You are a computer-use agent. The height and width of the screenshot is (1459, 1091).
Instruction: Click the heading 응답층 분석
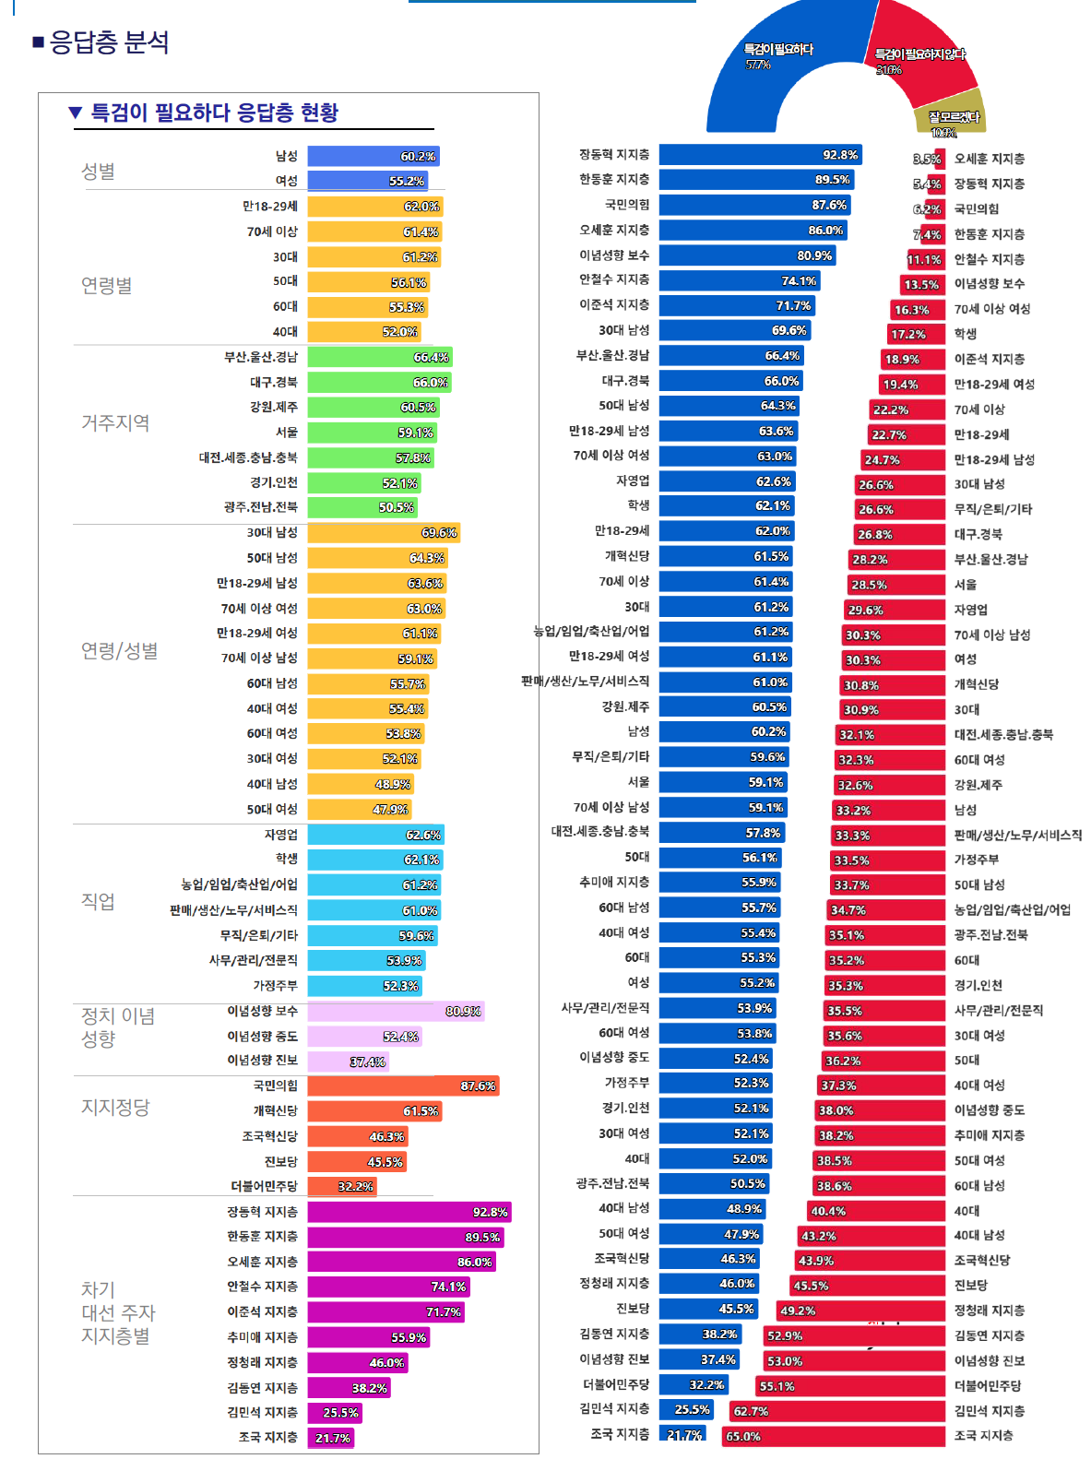tap(109, 42)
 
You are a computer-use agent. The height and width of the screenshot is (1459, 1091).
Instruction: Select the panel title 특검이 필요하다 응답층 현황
tap(214, 113)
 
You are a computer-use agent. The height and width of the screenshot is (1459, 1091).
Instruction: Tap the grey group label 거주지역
tap(115, 423)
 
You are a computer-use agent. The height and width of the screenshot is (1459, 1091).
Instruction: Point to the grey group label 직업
tap(98, 901)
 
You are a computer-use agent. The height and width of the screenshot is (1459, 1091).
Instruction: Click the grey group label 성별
tap(98, 172)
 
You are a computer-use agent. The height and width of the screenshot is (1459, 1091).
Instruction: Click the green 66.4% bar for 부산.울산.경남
tap(379, 357)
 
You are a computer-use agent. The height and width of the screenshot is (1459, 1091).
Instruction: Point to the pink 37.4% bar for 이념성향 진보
tap(348, 1062)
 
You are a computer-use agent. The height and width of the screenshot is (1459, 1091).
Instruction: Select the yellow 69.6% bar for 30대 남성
tap(383, 533)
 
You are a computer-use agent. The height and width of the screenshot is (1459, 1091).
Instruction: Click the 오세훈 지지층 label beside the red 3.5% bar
tap(989, 159)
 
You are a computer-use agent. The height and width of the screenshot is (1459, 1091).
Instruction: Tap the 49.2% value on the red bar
tap(798, 1311)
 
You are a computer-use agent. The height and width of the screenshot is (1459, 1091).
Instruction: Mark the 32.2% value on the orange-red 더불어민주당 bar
tap(355, 1187)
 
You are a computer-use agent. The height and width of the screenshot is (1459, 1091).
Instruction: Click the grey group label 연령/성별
tap(119, 651)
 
